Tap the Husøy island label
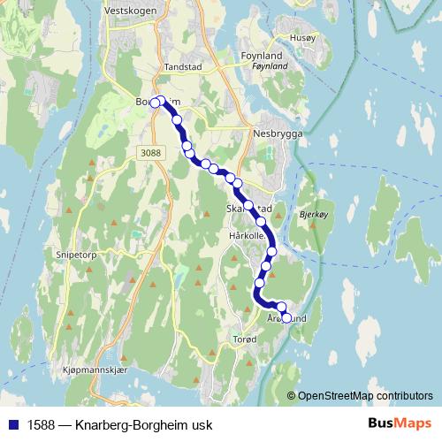301,38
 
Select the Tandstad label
184,68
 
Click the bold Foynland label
262,56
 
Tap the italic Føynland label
269,66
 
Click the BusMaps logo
400,424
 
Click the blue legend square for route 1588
13,425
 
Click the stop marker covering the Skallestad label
249,206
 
